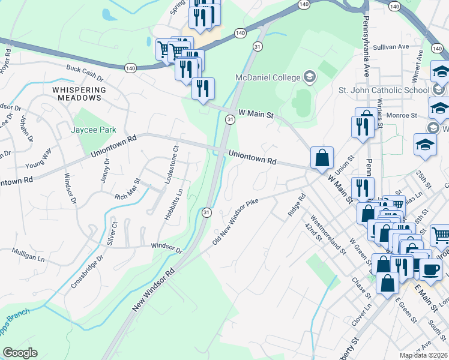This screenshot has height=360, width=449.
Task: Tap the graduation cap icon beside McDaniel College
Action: coord(309,76)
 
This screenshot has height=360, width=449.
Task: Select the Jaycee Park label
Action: coord(93,129)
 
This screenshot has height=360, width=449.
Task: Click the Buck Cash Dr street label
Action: coord(85,74)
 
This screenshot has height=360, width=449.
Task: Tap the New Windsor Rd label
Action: coord(153,289)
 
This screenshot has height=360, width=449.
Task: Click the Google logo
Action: coord(20,353)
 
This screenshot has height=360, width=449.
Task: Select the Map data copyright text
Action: coord(424,355)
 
